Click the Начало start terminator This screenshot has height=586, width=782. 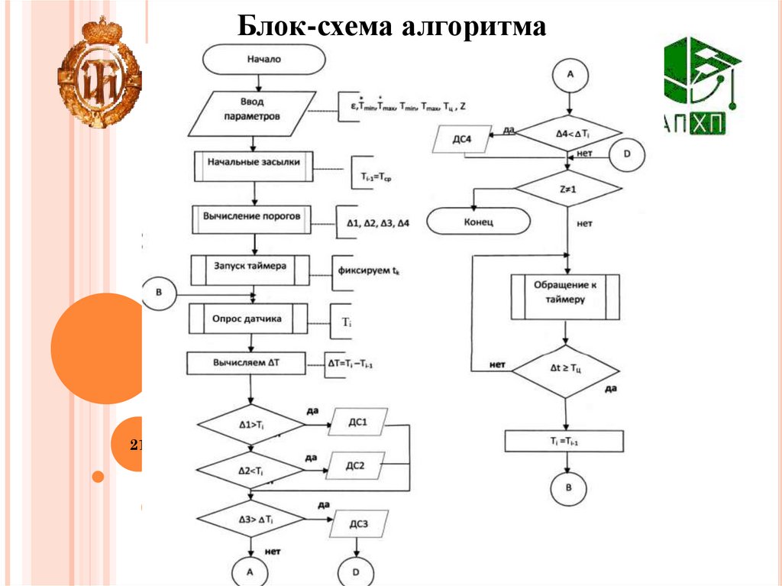point(259,60)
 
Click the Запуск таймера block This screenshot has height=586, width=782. point(250,268)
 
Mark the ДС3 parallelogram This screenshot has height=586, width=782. point(359,524)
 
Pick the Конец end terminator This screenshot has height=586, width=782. point(478,222)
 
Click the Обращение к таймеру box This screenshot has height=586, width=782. point(565,296)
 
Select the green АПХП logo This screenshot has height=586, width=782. point(700,85)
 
